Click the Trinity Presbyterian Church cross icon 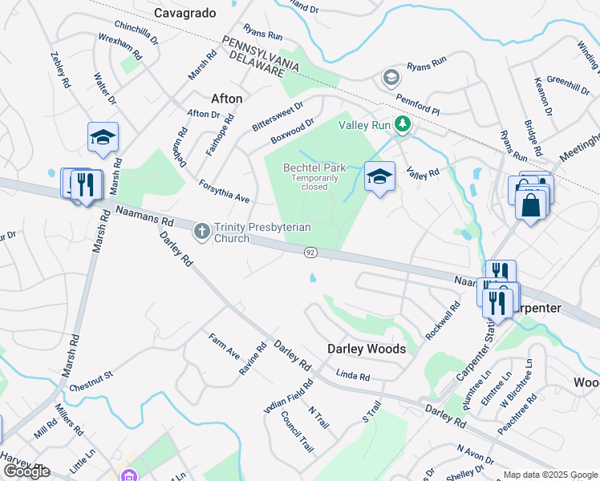(201, 232)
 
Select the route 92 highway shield (310, 253)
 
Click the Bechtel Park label (314, 168)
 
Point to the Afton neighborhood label (226, 99)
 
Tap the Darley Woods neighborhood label (366, 349)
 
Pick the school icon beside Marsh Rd (103, 138)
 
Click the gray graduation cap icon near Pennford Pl (391, 77)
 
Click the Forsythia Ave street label (225, 191)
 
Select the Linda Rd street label (353, 376)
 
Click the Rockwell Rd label (443, 320)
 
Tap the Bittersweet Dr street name (278, 117)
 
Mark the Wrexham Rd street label (120, 47)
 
